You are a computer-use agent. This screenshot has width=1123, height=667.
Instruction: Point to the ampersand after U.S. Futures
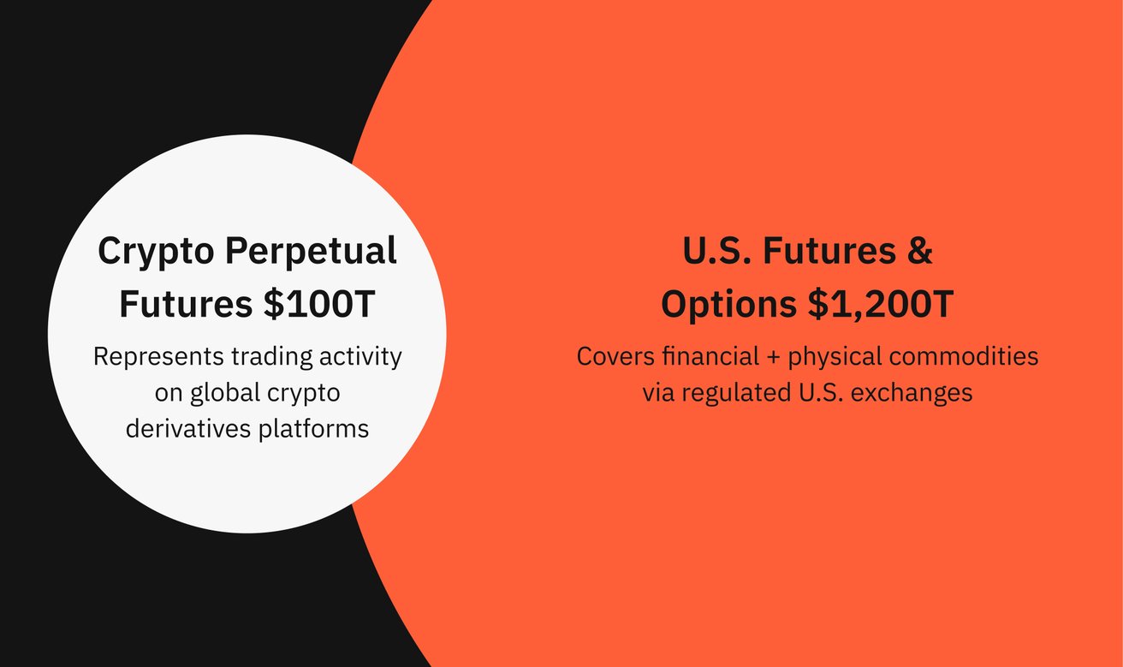921,252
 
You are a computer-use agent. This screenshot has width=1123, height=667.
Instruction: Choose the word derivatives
188,427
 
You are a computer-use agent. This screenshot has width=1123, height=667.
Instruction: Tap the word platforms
313,427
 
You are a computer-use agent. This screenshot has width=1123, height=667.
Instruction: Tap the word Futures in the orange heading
831,252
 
